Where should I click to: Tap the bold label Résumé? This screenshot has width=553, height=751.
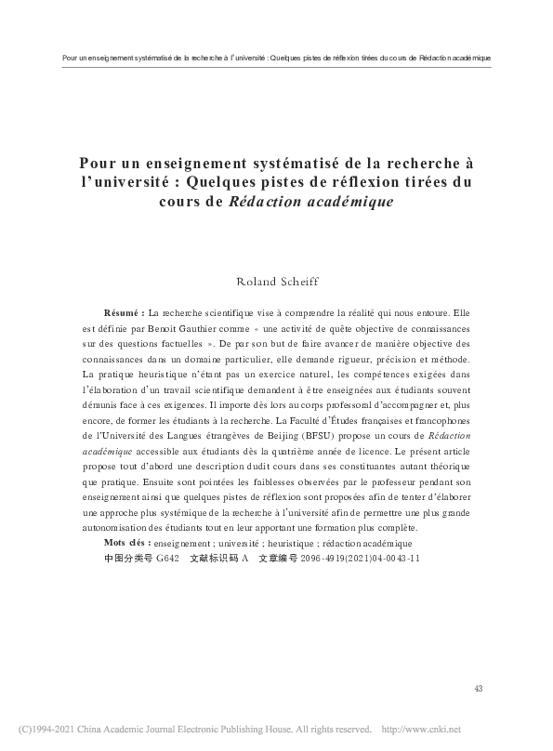tap(125, 313)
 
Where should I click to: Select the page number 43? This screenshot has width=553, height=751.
tap(479, 688)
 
